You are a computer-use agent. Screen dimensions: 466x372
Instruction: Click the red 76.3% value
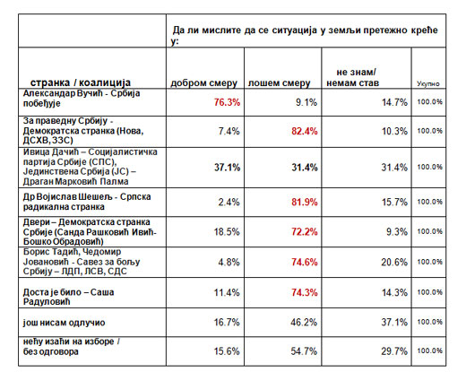pyautogui.click(x=227, y=102)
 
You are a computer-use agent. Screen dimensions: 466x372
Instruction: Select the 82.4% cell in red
pyautogui.click(x=305, y=131)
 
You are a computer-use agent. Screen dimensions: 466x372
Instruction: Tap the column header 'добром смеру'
pyautogui.click(x=203, y=83)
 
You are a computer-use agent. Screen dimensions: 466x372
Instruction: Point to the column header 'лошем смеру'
pyautogui.click(x=279, y=83)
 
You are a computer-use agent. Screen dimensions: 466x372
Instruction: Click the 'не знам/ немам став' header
pyautogui.click(x=352, y=77)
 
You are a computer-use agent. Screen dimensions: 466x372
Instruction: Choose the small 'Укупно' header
pyautogui.click(x=428, y=83)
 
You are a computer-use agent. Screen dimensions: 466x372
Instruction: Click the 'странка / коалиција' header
pyautogui.click(x=81, y=82)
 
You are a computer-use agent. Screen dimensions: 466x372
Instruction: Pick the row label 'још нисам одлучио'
pyautogui.click(x=64, y=323)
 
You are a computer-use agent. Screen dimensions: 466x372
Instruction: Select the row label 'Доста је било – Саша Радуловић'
pyautogui.click(x=68, y=297)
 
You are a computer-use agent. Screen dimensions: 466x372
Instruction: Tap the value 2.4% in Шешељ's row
pyautogui.click(x=229, y=203)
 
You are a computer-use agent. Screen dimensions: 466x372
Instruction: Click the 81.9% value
pyautogui.click(x=305, y=203)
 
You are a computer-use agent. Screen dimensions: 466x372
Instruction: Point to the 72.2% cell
pyautogui.click(x=305, y=231)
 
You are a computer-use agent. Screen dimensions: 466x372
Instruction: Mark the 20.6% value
pyautogui.click(x=394, y=262)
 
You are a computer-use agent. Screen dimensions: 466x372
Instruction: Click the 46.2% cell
pyautogui.click(x=304, y=322)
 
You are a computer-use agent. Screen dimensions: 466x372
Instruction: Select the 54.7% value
pyautogui.click(x=304, y=351)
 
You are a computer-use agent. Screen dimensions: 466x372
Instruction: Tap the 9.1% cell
pyautogui.click(x=306, y=102)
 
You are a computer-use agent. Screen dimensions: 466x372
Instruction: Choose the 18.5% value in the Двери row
pyautogui.click(x=227, y=231)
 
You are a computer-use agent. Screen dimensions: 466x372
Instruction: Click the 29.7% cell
pyautogui.click(x=394, y=351)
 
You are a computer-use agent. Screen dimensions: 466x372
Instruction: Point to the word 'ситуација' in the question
pyautogui.click(x=294, y=30)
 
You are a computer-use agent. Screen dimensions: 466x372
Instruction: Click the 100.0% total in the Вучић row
pyautogui.click(x=430, y=102)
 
